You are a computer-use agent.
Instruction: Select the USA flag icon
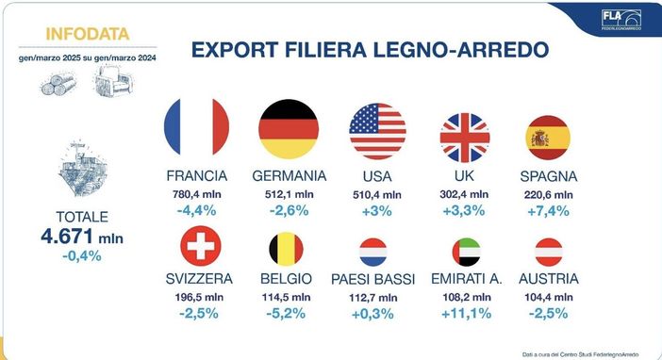(377, 131)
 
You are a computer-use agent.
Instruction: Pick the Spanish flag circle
(548, 138)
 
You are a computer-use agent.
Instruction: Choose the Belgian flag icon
(289, 251)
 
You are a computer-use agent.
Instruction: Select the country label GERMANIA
(290, 176)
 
